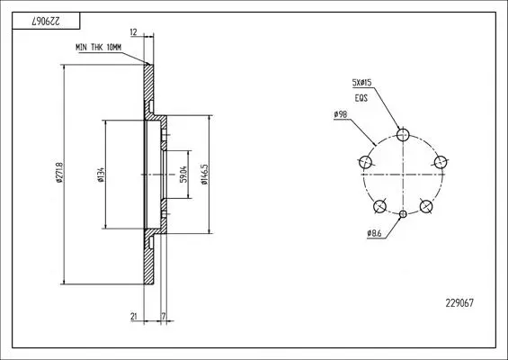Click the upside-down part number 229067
pyautogui.click(x=46, y=22)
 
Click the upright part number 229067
pyautogui.click(x=459, y=303)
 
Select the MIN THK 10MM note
pyautogui.click(x=99, y=48)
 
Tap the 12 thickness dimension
pyautogui.click(x=133, y=32)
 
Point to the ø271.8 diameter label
pyautogui.click(x=59, y=173)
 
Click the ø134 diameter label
pyautogui.click(x=101, y=175)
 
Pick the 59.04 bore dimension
pyautogui.click(x=183, y=175)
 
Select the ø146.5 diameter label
pyautogui.click(x=204, y=175)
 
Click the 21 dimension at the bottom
pyautogui.click(x=134, y=316)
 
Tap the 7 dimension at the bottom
pyautogui.click(x=164, y=316)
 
